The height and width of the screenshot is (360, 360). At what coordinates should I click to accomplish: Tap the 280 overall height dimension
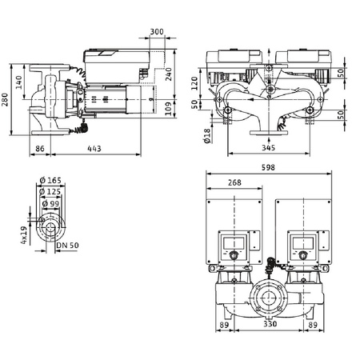point(9,102)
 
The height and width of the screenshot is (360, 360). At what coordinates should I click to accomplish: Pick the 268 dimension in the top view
point(235,183)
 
